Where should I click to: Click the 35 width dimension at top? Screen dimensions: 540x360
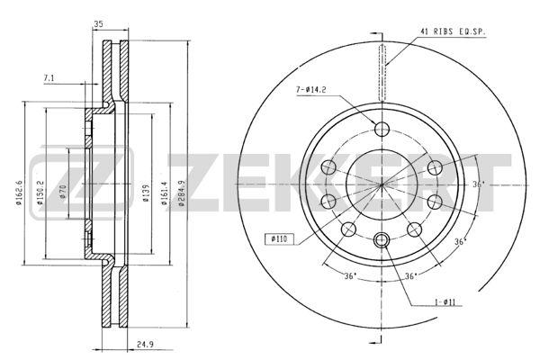point(98,23)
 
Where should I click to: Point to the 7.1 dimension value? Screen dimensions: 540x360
point(49,78)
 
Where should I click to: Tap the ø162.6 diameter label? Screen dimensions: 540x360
point(19,193)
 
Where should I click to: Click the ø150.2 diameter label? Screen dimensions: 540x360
point(40,193)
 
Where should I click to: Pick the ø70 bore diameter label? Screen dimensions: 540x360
point(63,193)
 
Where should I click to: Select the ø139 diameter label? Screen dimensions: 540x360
point(147,193)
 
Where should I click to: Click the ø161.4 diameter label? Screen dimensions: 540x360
point(165,193)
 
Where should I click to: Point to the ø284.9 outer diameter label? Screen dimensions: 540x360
point(182,193)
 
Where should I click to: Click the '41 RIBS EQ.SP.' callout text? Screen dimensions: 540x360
point(453,31)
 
